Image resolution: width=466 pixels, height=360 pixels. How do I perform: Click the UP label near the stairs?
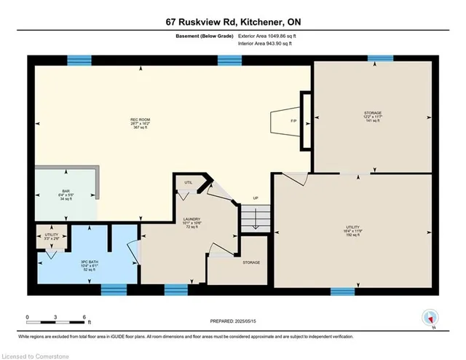tap(255, 199)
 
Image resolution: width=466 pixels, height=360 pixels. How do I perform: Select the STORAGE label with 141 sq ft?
tap(373, 117)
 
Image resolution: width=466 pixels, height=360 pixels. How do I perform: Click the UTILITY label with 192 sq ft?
tap(353, 231)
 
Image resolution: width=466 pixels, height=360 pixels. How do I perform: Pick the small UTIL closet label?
tap(188, 183)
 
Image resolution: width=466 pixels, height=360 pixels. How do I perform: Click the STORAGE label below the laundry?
tap(251, 262)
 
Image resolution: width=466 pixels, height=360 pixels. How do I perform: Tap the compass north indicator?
tap(431, 318)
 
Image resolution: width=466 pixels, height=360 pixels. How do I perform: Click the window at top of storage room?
tap(380, 59)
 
